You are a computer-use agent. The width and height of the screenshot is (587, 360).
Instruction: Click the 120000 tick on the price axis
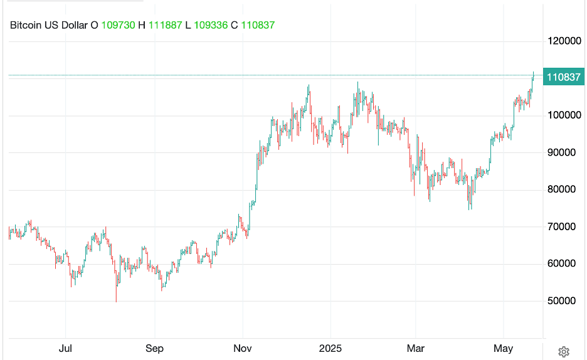point(563,41)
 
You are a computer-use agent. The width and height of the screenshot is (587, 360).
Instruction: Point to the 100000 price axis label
point(563,115)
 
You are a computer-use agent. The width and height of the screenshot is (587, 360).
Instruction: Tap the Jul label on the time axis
point(65,347)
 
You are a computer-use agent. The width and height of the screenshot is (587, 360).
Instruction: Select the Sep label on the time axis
point(154,347)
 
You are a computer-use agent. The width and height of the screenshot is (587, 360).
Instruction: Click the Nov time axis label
point(243,347)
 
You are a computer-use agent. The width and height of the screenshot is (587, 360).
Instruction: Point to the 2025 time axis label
point(331,347)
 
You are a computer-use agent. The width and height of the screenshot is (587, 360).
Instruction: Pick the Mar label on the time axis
point(415,347)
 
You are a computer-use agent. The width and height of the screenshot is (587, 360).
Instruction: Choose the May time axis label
point(504,347)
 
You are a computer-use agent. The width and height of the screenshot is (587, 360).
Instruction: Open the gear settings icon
point(563,351)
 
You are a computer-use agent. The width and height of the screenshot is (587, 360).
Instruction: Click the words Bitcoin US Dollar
point(48,25)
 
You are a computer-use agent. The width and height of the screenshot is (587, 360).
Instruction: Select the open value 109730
point(118,25)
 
